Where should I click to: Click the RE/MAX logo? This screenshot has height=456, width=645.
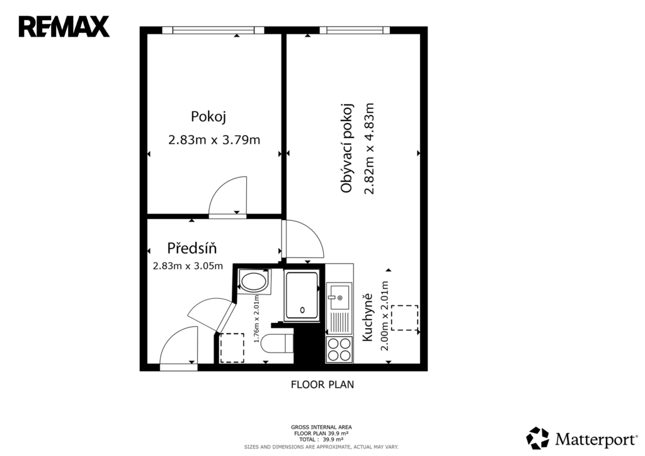64,26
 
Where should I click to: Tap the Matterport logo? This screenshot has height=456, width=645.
581,438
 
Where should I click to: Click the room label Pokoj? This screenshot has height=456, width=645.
208,117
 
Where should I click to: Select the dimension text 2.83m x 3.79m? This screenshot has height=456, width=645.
214,140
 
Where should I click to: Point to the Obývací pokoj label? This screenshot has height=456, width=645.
347,148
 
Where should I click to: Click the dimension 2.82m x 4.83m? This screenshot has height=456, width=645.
369,148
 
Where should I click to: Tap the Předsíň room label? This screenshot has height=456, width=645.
191,248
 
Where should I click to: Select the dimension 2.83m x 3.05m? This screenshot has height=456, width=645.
188,266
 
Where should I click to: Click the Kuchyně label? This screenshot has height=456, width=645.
367,317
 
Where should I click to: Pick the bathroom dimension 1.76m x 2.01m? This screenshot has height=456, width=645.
256,319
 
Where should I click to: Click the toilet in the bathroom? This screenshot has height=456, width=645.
277,344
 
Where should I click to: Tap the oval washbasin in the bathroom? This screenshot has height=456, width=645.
253,282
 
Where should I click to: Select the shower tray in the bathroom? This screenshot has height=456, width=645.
302,295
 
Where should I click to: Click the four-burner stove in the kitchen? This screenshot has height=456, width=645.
339,349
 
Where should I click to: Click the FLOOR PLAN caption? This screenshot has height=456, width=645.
322,385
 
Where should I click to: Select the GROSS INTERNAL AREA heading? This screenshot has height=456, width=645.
321,427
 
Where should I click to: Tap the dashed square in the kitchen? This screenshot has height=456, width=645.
405,318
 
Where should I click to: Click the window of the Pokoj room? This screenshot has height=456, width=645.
213,30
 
